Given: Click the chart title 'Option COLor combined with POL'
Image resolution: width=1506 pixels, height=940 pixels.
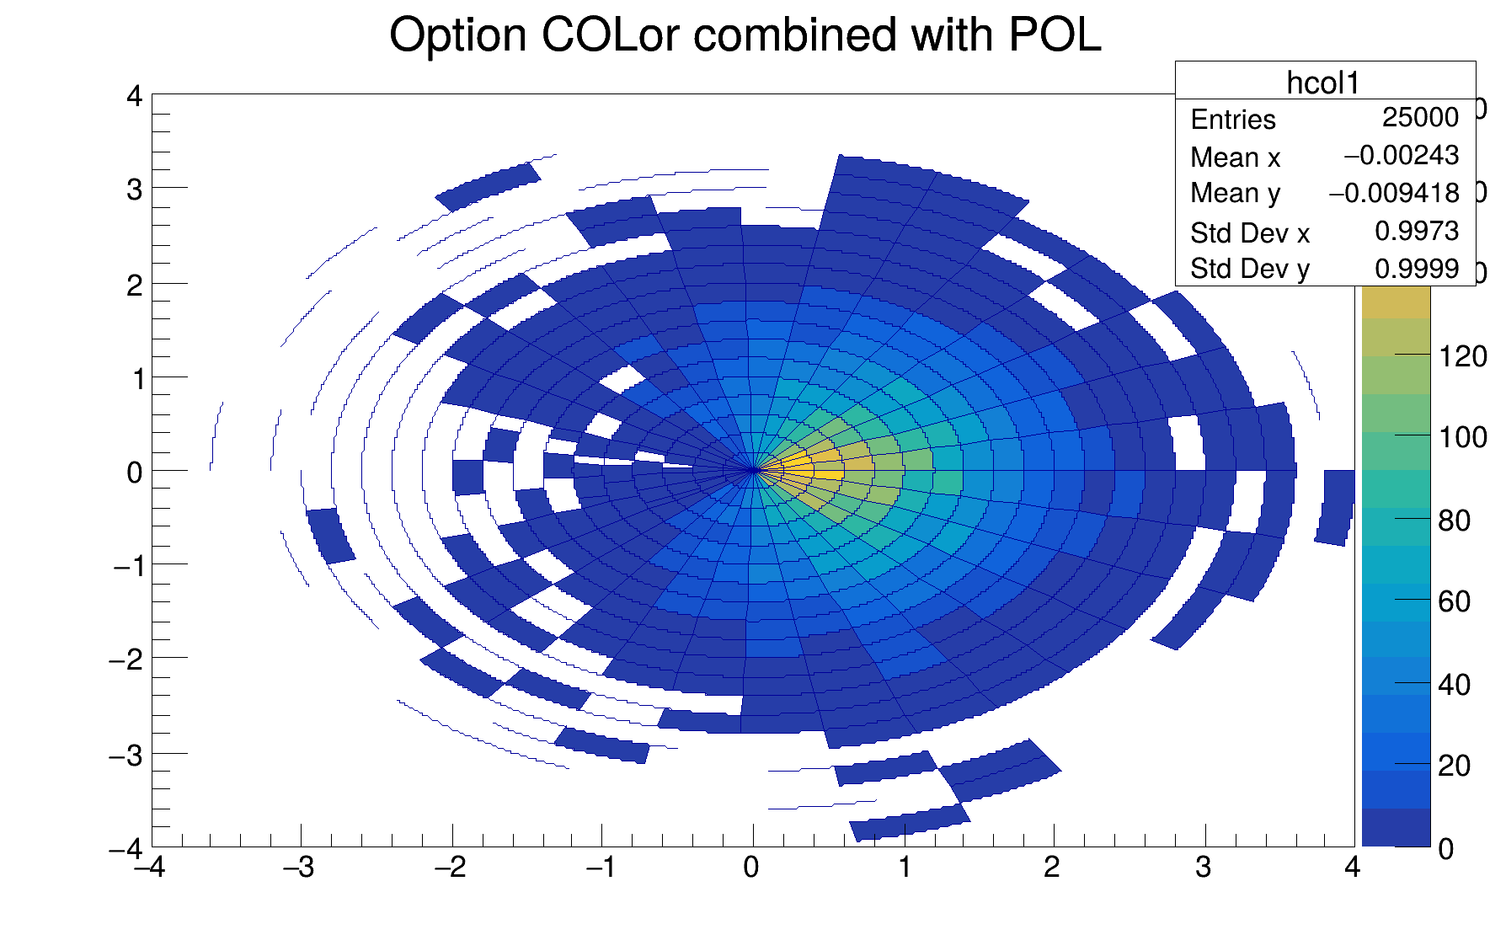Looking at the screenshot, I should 745,36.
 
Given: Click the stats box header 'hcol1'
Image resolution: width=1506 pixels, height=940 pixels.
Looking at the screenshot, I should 1323,83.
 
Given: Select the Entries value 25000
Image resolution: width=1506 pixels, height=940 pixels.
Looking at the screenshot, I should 1420,118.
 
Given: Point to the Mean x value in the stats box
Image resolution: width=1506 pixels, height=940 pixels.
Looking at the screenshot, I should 1401,156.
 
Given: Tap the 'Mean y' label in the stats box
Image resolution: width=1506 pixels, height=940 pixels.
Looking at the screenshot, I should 1235,194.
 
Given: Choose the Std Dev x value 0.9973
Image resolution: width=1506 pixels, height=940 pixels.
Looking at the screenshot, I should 1417,232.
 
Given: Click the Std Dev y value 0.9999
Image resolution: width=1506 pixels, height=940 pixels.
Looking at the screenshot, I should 1417,269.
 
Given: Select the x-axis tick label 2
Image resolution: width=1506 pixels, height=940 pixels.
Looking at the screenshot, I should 1052,868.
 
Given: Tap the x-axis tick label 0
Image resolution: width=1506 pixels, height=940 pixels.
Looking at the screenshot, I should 751,868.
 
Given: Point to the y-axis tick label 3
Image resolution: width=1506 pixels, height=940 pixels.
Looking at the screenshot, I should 135,190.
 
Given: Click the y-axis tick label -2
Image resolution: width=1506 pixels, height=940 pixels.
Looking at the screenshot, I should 127,660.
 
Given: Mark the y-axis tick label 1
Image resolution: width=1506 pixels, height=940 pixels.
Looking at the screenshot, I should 136,379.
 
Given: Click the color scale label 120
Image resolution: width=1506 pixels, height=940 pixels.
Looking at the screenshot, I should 1463,357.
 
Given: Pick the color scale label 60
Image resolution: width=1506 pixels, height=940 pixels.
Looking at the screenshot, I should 1455,601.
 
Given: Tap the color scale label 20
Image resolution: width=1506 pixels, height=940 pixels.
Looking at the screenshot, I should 1455,766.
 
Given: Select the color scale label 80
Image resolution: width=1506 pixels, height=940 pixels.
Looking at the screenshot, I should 1455,521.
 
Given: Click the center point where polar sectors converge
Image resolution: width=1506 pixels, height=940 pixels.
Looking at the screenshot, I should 753,470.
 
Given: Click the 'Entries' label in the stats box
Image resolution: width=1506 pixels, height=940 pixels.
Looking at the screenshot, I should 1233,120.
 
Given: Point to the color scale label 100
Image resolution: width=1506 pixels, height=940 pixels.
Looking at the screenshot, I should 1463,438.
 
